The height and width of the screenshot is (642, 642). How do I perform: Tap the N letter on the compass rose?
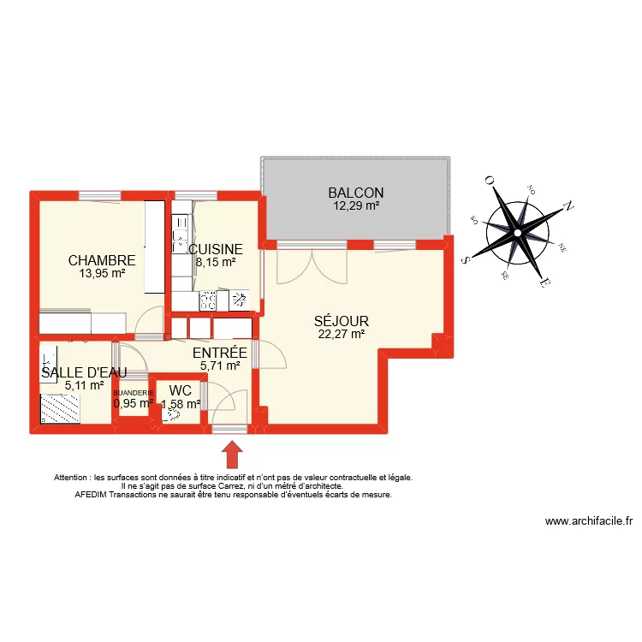coord(566,207)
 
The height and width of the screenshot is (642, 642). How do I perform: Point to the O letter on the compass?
coord(490,181)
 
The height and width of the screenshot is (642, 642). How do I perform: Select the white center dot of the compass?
coord(517,231)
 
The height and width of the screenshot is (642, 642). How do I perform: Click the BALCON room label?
coord(355,193)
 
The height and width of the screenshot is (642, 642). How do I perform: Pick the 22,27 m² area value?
coord(341,335)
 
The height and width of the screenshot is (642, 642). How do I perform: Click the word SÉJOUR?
coord(341,322)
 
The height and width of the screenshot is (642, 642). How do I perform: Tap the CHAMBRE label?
coord(102,260)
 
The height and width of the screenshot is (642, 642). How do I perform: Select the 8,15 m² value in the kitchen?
coord(216,263)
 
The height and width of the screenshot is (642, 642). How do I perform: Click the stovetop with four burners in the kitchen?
coord(208,300)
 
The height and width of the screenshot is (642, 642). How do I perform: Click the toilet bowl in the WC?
coord(173,413)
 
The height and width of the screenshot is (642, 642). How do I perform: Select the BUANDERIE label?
coord(134,392)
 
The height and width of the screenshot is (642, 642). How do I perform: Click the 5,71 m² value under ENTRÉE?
coord(220,366)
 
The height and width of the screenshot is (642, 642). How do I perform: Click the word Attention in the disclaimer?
coord(74,477)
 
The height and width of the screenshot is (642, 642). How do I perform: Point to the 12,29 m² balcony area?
coord(355,205)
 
